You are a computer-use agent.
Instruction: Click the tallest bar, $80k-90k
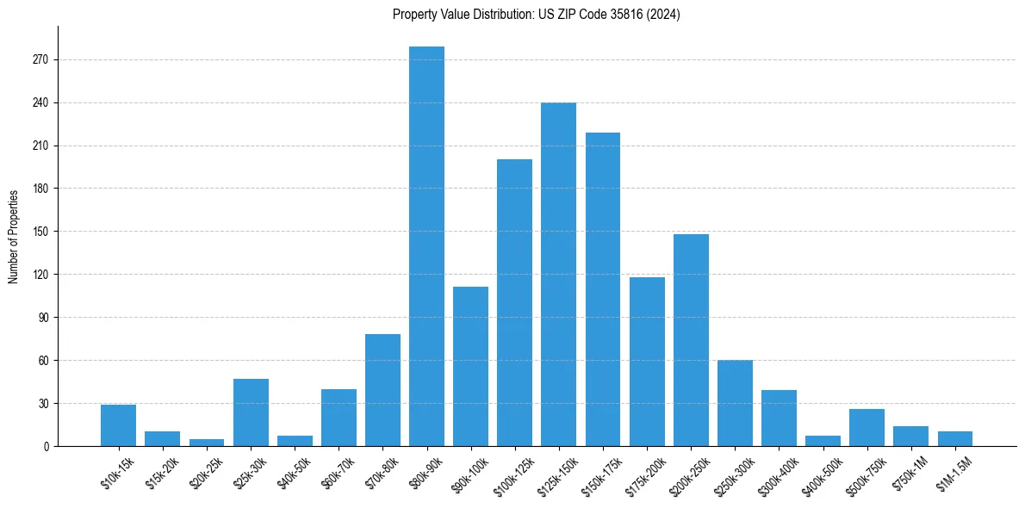tap(426, 246)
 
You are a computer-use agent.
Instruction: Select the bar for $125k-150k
tap(558, 274)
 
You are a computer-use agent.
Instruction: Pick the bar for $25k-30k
tap(251, 412)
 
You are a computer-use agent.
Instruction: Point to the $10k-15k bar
tap(118, 425)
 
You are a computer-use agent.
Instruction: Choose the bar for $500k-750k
tap(867, 427)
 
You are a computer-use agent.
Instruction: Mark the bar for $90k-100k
tap(470, 366)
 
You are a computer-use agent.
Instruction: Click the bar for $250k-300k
tap(735, 403)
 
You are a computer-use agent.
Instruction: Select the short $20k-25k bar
tap(207, 443)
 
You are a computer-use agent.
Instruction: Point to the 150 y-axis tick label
tap(42, 232)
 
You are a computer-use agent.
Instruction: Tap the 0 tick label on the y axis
tap(47, 446)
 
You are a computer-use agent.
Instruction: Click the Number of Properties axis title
tap(13, 236)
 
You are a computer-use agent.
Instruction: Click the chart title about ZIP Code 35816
tap(536, 15)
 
